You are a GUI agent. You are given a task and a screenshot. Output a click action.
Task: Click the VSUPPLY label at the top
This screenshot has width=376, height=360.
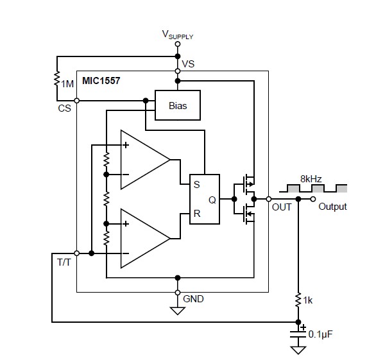pyautogui.click(x=177, y=34)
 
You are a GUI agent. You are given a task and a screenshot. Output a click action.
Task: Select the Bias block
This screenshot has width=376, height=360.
pyautogui.click(x=178, y=105)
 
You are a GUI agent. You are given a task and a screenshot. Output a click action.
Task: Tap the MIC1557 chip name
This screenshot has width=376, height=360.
pyautogui.click(x=101, y=82)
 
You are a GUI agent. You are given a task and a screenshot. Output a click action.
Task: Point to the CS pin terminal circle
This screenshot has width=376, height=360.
pyautogui.click(x=76, y=100)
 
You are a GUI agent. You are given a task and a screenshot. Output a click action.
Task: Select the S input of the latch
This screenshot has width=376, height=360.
pyautogui.click(x=197, y=184)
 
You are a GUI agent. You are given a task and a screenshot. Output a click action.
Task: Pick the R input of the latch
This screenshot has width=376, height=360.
pyautogui.click(x=197, y=214)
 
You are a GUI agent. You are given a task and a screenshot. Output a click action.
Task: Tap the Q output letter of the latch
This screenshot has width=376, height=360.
pyautogui.click(x=212, y=199)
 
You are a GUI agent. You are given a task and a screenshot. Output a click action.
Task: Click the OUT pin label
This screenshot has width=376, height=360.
pyautogui.click(x=281, y=207)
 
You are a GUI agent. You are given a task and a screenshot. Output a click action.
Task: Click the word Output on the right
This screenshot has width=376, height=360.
pyautogui.click(x=332, y=207)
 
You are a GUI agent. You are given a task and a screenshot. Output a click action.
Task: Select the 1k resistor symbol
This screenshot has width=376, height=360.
pyautogui.click(x=298, y=300)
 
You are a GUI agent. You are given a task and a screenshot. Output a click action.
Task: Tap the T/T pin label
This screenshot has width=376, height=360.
pyautogui.click(x=65, y=262)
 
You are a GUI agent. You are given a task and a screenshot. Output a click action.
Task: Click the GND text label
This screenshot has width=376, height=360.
pyautogui.click(x=194, y=298)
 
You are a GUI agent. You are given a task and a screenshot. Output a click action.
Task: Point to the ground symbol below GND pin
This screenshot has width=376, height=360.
pyautogui.click(x=177, y=312)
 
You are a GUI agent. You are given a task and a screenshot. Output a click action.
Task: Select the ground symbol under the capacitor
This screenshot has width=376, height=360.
pyautogui.click(x=298, y=350)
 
